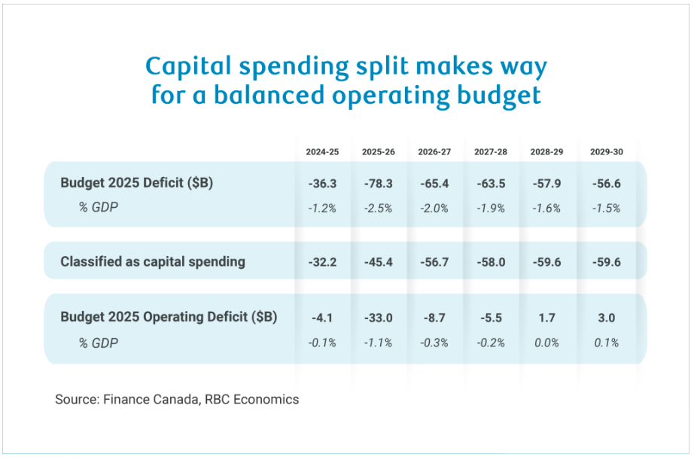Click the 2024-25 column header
click(x=322, y=151)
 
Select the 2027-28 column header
click(x=491, y=151)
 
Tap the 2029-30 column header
click(x=605, y=151)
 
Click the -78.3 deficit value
click(x=379, y=183)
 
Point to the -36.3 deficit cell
click(x=322, y=183)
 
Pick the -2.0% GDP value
click(x=434, y=209)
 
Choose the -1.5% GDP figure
click(x=605, y=209)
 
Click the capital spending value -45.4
click(x=379, y=262)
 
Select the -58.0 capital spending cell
click(x=491, y=262)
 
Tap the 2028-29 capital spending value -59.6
click(x=546, y=262)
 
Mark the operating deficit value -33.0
click(x=379, y=317)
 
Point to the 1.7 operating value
click(x=546, y=317)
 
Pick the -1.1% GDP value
click(x=379, y=343)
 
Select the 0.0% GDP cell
click(x=546, y=343)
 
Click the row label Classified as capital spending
click(x=153, y=262)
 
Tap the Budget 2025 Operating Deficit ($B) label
click(x=169, y=317)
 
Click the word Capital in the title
click(x=190, y=67)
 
